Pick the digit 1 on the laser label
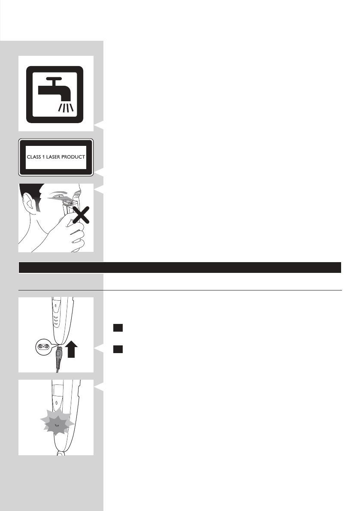45,157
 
